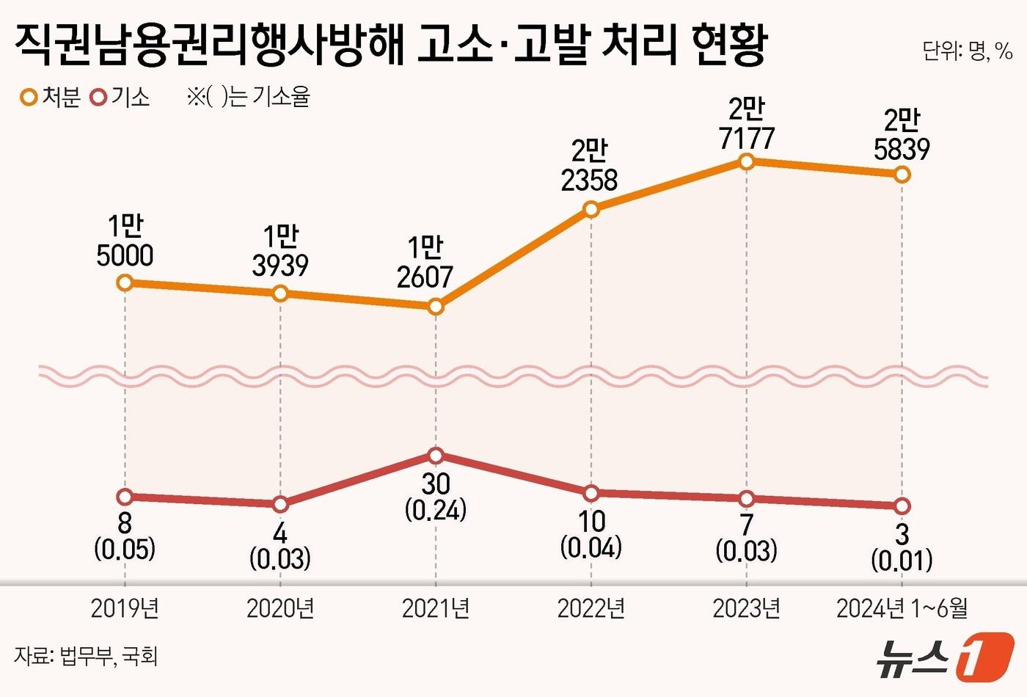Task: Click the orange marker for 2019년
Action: (125, 282)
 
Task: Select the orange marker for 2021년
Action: (436, 307)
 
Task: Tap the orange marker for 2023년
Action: (746, 161)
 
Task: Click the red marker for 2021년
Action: (436, 456)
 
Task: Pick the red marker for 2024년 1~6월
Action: (902, 506)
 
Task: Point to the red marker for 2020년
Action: (280, 504)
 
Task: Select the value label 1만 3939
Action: (280, 252)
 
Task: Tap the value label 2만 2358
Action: (590, 167)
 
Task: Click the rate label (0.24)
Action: (436, 510)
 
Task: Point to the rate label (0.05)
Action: (125, 548)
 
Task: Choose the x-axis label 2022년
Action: (591, 608)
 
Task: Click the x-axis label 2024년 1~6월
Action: (902, 608)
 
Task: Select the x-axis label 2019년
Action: (125, 608)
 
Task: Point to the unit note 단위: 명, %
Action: (967, 51)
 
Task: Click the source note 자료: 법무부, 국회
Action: (86, 655)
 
